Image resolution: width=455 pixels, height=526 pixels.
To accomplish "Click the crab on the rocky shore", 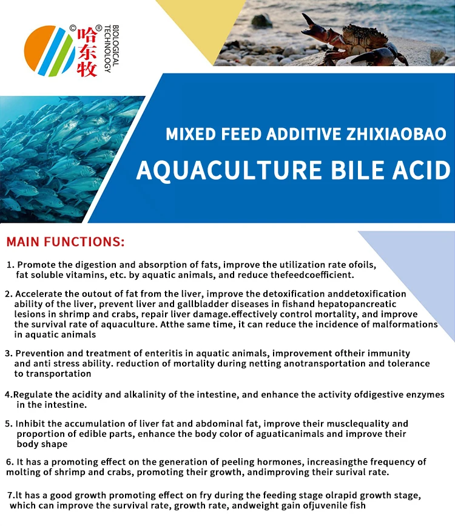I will click(x=358, y=40).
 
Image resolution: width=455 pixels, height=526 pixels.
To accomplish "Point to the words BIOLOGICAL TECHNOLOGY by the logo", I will click(x=108, y=49).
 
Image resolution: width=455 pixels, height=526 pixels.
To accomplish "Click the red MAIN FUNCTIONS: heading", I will click(x=66, y=242).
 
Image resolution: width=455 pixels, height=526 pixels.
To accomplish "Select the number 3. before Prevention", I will click(x=8, y=353).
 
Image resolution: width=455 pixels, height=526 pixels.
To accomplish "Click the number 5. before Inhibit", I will click(x=9, y=423).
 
